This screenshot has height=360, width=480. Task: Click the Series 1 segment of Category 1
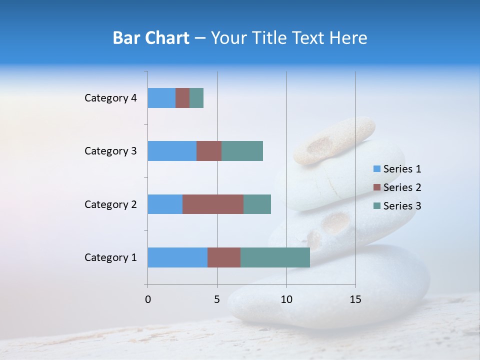(177, 257)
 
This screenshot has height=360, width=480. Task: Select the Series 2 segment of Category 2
(213, 204)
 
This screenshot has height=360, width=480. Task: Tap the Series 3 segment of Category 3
(242, 151)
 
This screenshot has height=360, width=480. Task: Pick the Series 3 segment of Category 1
(275, 257)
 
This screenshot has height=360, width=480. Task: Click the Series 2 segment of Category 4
(182, 98)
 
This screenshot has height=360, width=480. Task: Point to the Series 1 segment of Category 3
(172, 151)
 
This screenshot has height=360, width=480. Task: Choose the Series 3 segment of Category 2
(257, 204)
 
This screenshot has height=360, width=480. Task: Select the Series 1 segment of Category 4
(161, 98)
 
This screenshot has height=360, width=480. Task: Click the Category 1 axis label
(110, 257)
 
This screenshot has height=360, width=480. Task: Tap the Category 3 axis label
(110, 151)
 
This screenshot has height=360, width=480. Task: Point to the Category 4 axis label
(110, 98)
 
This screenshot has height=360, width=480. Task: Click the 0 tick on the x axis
(148, 299)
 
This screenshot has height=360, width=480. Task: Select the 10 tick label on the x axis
(286, 299)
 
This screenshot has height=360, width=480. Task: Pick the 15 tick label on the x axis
(355, 299)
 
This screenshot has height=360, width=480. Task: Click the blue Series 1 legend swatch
(376, 169)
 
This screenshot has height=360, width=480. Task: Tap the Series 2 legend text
(402, 187)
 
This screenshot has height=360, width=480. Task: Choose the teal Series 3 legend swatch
(376, 206)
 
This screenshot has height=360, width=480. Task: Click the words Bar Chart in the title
(151, 38)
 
